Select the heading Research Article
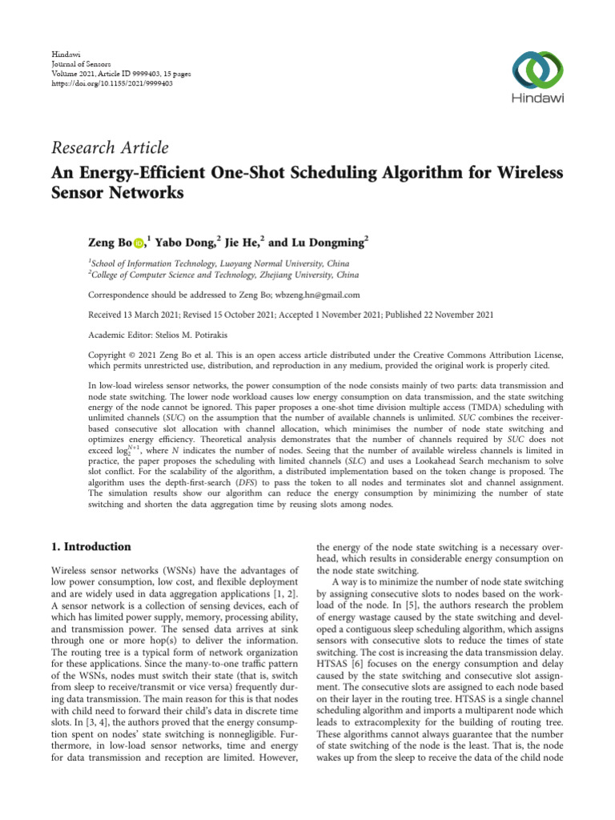tap(111, 147)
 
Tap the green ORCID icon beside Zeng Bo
tap(138, 241)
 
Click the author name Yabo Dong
tap(183, 240)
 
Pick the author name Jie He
tap(241, 240)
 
